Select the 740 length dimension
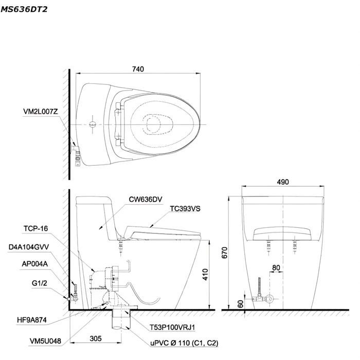pos(138,68)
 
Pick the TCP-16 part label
pos(35,228)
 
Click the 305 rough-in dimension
pos(95,339)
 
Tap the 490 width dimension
pos(283,182)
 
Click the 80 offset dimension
pos(277,267)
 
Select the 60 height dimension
pos(240,303)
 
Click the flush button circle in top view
pos(93,124)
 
